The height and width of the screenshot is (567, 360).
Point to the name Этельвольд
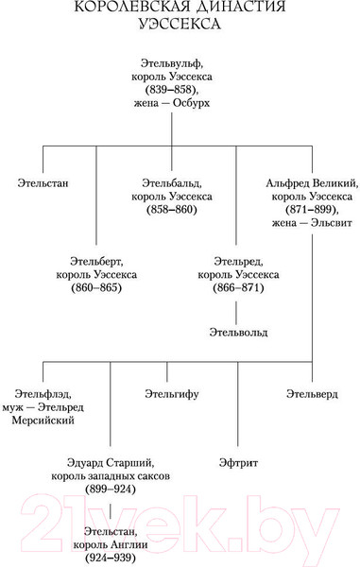239,333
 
